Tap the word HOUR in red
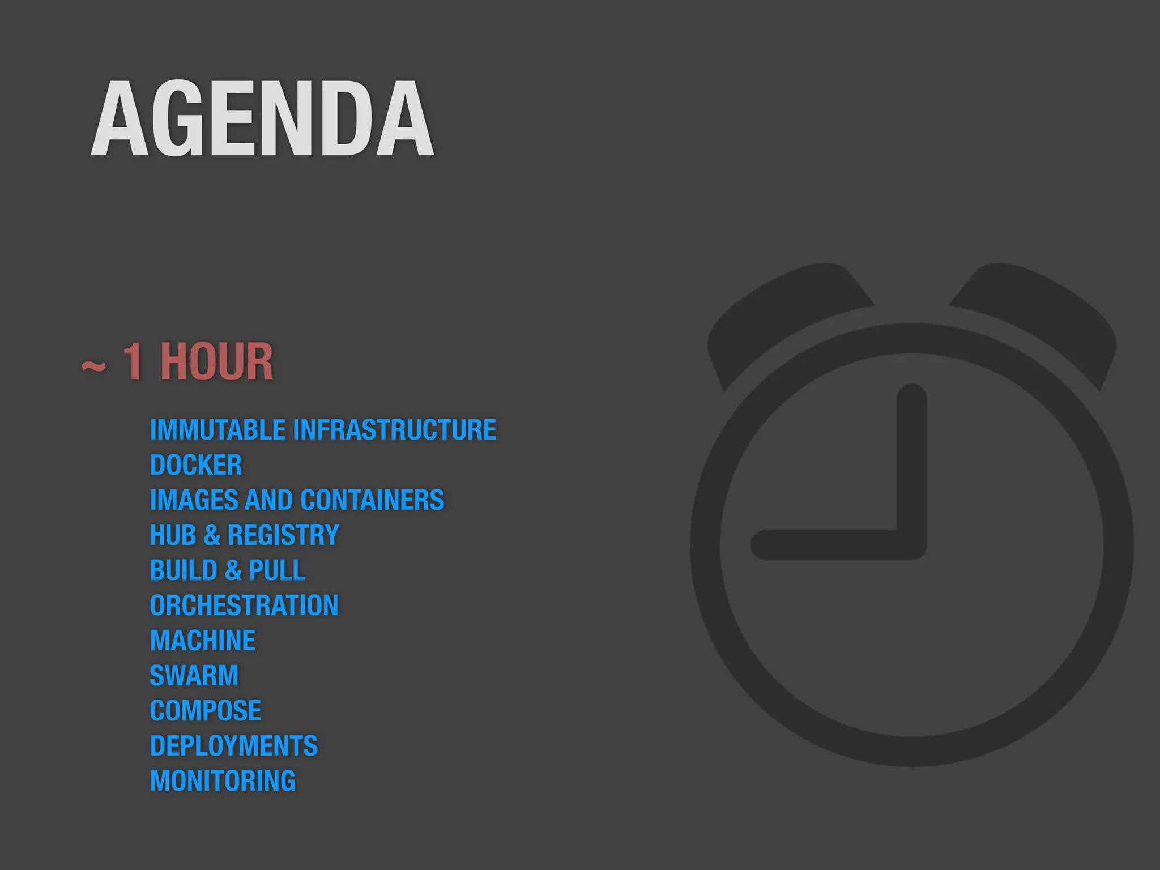click(x=216, y=362)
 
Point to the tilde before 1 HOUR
click(x=93, y=366)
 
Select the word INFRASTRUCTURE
click(x=394, y=430)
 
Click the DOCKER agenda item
click(x=196, y=465)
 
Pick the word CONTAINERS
click(x=372, y=500)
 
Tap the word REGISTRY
click(x=283, y=535)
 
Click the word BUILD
click(x=184, y=570)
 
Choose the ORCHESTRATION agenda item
click(x=244, y=605)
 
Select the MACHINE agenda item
click(x=203, y=641)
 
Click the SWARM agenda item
click(x=194, y=676)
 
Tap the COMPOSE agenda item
click(x=206, y=711)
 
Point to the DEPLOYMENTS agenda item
click(x=234, y=746)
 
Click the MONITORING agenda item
click(x=223, y=781)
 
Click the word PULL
click(x=277, y=570)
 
